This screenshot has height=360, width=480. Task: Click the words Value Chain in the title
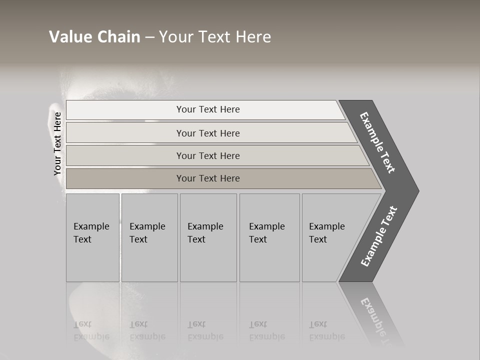tap(94, 37)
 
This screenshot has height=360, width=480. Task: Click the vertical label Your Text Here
tap(58, 144)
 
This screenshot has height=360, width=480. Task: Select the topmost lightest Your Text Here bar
tap(208, 109)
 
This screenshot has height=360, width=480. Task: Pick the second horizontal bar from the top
tap(208, 133)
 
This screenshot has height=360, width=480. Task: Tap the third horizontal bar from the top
tap(208, 155)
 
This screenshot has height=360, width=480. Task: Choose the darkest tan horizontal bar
tap(208, 178)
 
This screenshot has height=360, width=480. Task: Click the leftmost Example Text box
tap(92, 237)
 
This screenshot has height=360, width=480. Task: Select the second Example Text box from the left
tap(149, 237)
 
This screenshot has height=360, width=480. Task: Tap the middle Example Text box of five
tap(208, 237)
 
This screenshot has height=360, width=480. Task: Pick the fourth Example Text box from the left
tap(269, 237)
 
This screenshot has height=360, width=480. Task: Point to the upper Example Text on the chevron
tap(377, 142)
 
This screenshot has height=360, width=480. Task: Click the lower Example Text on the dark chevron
tap(378, 236)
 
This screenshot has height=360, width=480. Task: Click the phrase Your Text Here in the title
tap(215, 37)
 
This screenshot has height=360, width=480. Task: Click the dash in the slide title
tap(149, 37)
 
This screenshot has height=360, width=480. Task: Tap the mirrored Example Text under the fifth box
tap(327, 330)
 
